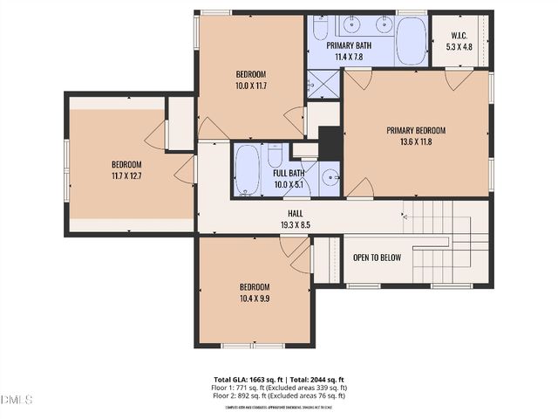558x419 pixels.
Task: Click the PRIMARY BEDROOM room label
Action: click(x=415, y=130)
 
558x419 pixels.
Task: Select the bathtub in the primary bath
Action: click(x=411, y=39)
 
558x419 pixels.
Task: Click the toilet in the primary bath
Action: click(x=320, y=31)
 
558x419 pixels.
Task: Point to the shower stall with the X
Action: click(x=323, y=85)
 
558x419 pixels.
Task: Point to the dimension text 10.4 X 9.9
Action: click(x=255, y=299)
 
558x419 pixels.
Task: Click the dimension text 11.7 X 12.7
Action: click(x=126, y=175)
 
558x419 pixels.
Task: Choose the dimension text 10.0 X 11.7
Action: click(x=250, y=86)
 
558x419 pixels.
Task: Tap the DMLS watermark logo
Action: click(x=17, y=400)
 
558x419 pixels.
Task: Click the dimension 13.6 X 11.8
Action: click(x=415, y=141)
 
